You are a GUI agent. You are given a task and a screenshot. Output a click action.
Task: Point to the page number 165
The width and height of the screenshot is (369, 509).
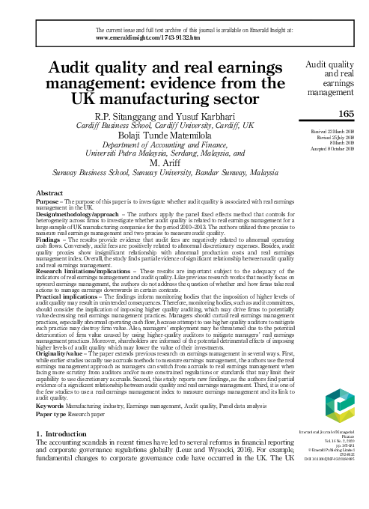click(345, 113)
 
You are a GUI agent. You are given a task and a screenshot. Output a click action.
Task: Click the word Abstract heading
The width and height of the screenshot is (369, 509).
click(49, 193)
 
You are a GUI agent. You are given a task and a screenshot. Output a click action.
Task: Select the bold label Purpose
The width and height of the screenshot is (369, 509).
click(47, 201)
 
